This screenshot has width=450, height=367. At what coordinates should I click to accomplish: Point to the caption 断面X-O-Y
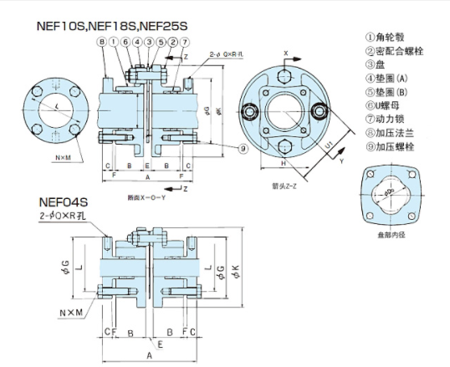tap(146, 197)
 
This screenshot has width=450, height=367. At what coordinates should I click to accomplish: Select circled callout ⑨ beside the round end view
tap(242, 149)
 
